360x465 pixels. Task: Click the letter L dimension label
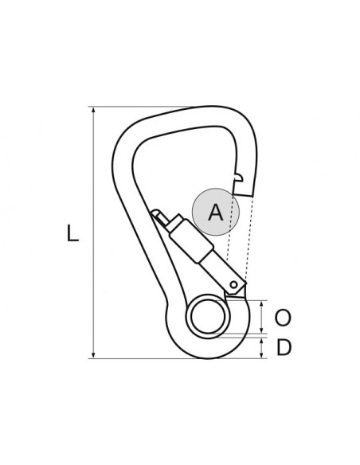[72, 234]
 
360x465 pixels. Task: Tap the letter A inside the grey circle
[214, 213]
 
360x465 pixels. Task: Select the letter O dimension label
[283, 318]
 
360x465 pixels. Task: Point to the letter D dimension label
[283, 349]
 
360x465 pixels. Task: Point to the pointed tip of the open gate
[156, 213]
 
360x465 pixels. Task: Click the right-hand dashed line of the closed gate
[249, 239]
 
